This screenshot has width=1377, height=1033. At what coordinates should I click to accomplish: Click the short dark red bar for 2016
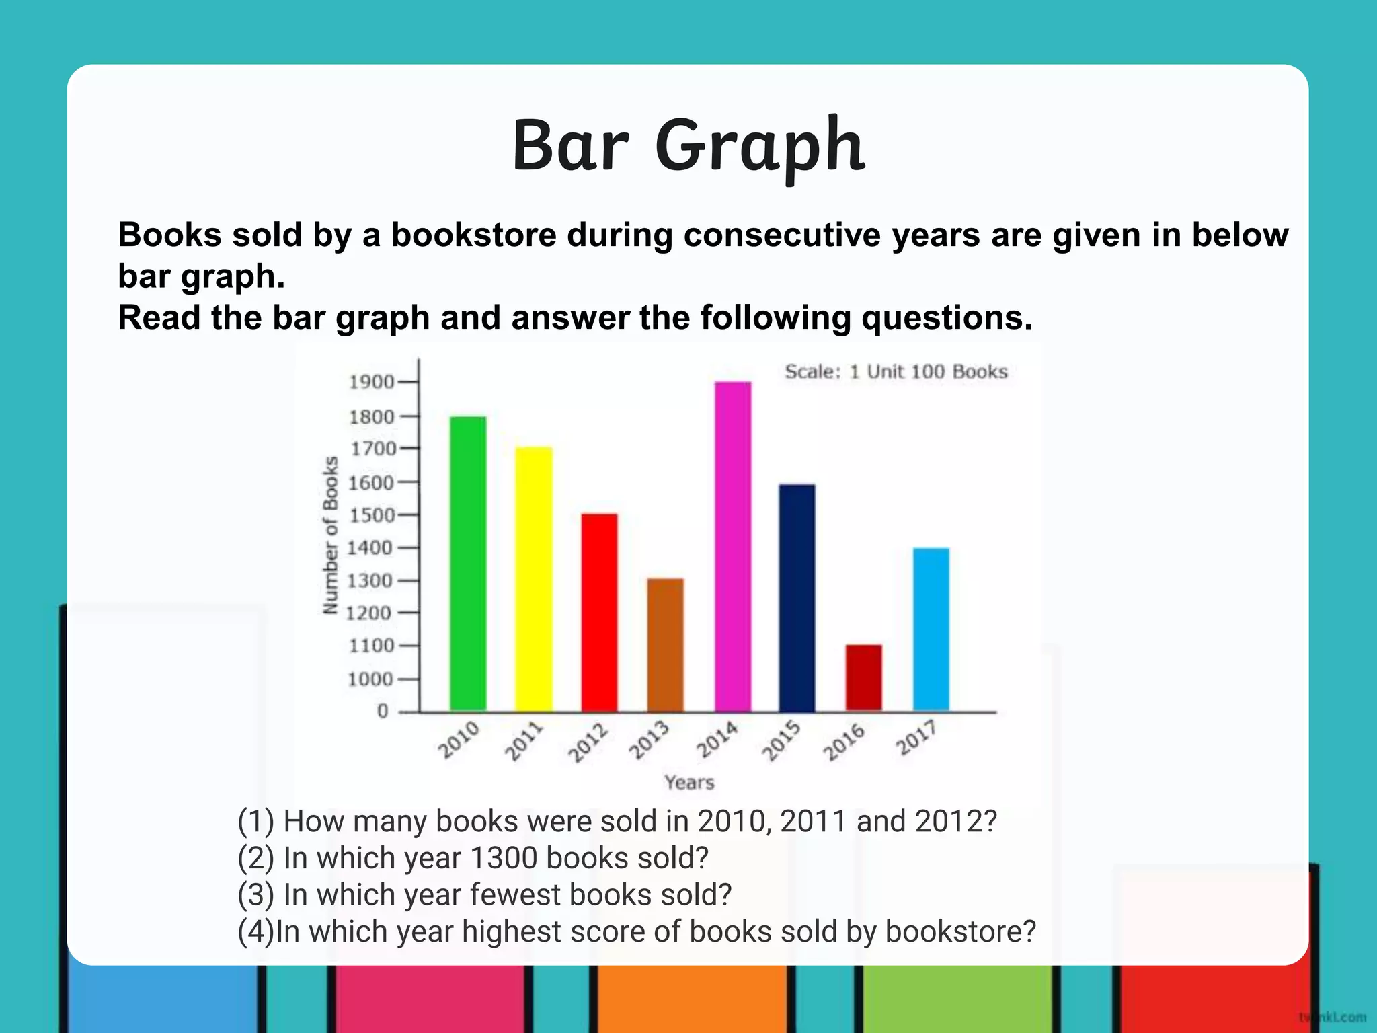(863, 677)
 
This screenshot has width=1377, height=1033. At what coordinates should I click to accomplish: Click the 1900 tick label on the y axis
(371, 382)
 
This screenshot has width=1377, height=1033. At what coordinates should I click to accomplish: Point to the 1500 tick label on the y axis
(371, 515)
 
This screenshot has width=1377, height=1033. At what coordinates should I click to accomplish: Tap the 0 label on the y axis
(383, 711)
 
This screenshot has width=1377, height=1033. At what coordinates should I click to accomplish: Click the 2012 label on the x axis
(588, 742)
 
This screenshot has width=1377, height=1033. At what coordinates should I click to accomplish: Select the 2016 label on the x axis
(844, 742)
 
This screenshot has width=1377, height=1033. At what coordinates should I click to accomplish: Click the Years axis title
(689, 782)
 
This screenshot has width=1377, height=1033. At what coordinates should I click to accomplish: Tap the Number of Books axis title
(330, 535)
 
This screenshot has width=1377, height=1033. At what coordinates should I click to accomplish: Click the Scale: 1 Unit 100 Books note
(896, 372)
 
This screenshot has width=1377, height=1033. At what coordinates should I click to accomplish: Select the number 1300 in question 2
(503, 858)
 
